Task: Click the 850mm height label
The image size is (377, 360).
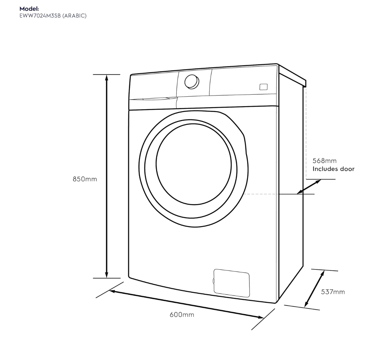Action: pyautogui.click(x=85, y=179)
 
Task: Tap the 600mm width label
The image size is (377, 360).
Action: pyautogui.click(x=182, y=315)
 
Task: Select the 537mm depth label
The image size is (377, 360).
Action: pyautogui.click(x=333, y=292)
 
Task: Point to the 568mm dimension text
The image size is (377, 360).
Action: pyautogui.click(x=325, y=161)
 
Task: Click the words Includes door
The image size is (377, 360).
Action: pyautogui.click(x=333, y=169)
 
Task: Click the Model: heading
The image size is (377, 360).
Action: pyautogui.click(x=29, y=9)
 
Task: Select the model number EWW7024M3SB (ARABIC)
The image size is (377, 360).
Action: pyautogui.click(x=53, y=16)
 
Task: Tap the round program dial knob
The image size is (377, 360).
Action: pyautogui.click(x=192, y=82)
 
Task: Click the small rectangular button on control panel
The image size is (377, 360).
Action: pyautogui.click(x=263, y=87)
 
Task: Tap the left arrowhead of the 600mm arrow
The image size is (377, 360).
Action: pyautogui.click(x=112, y=291)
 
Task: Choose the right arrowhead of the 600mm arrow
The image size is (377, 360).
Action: pyautogui.click(x=261, y=317)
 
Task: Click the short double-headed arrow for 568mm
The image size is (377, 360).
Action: pyautogui.click(x=309, y=187)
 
